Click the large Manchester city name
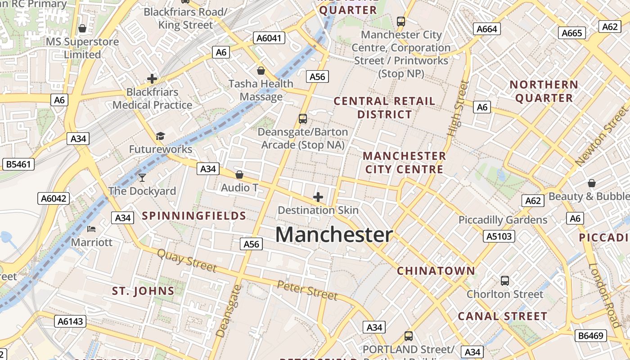click(x=334, y=235)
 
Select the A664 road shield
click(x=486, y=29)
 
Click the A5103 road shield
click(x=499, y=236)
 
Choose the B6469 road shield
click(x=591, y=335)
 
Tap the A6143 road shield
click(x=71, y=321)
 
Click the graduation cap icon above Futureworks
click(x=160, y=136)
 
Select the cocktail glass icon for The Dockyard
click(x=142, y=177)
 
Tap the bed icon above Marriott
click(x=91, y=229)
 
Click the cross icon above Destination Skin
click(x=318, y=197)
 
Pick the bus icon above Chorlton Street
click(x=505, y=281)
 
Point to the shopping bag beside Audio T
click(x=239, y=175)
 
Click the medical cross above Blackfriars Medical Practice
click(x=152, y=79)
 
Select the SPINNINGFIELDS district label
click(x=194, y=216)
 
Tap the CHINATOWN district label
click(x=436, y=271)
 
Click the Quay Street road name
click(x=187, y=260)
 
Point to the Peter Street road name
click(x=307, y=290)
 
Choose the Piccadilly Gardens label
click(x=503, y=220)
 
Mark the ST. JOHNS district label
click(x=143, y=291)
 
